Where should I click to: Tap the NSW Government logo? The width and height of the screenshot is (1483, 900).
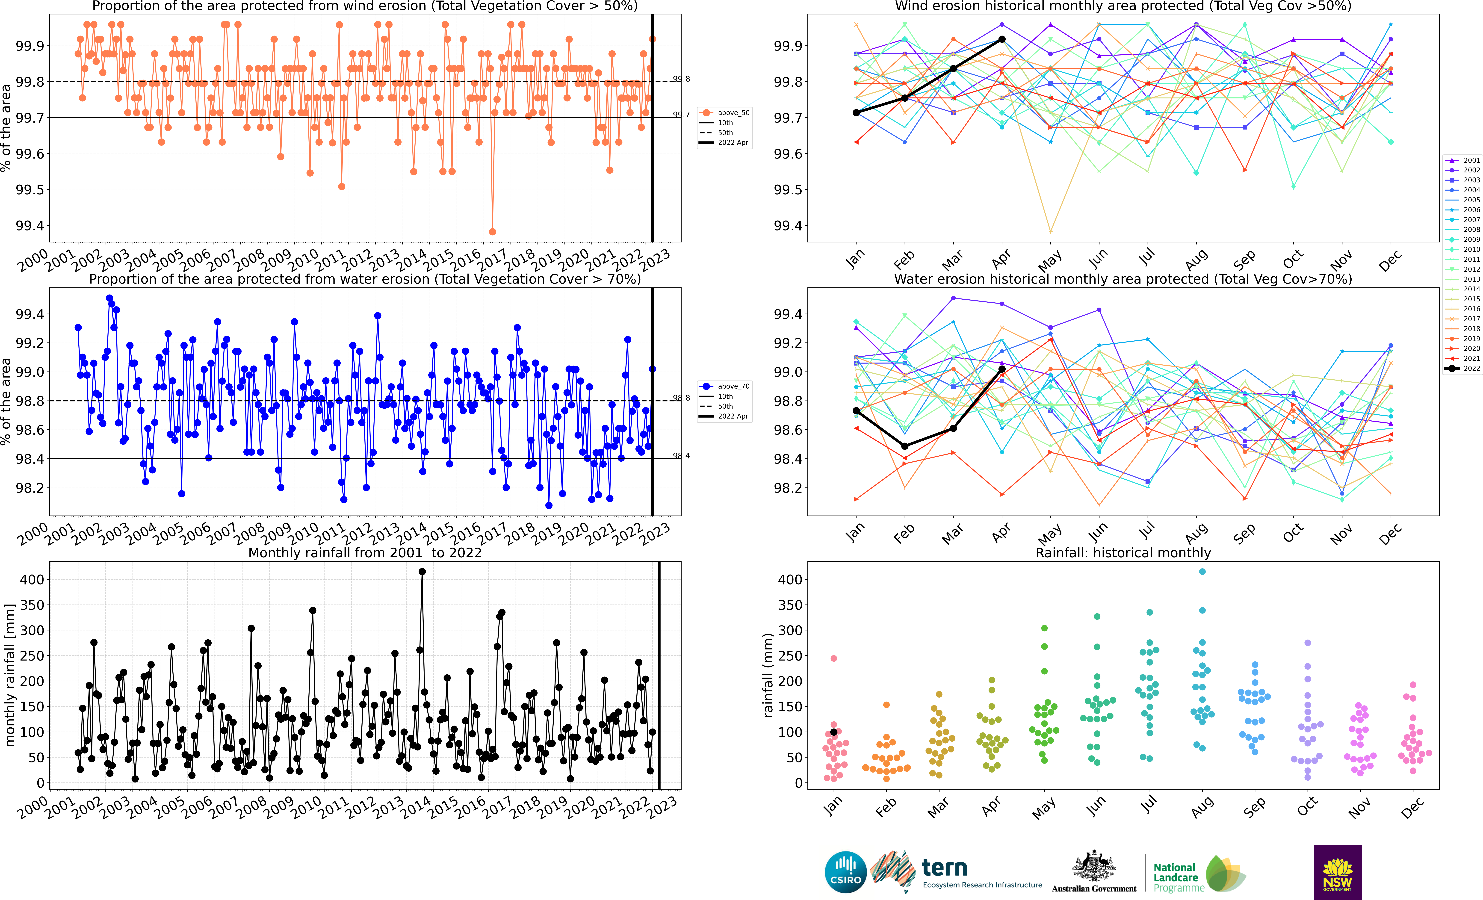point(1337,872)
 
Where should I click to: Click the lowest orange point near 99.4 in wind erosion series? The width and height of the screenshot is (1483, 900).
point(492,232)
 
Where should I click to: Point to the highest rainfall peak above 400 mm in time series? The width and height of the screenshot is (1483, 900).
point(422,572)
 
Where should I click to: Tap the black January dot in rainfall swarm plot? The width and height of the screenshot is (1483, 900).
point(834,732)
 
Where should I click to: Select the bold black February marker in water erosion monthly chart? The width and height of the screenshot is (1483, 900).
point(905,446)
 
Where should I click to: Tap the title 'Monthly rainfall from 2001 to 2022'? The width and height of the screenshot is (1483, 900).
point(365,553)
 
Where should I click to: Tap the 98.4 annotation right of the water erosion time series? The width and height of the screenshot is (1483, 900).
point(681,456)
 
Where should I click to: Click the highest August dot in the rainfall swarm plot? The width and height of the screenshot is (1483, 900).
point(1202,572)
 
